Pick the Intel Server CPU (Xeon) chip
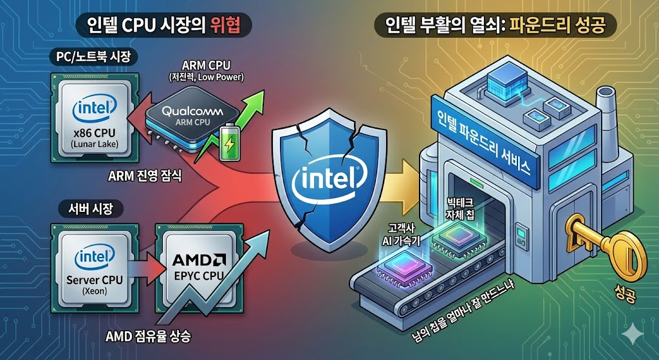94,270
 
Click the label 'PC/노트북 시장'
93,58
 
